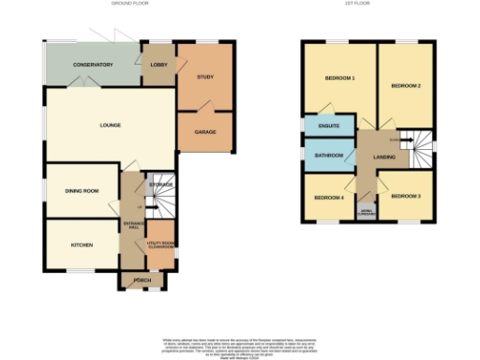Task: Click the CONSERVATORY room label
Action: pyautogui.click(x=93, y=65)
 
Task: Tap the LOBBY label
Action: pyautogui.click(x=157, y=65)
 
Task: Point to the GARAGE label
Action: pyautogui.click(x=205, y=132)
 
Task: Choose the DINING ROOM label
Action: pyautogui.click(x=82, y=191)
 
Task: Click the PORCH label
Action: pyautogui.click(x=142, y=280)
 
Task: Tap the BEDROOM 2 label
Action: pyautogui.click(x=406, y=85)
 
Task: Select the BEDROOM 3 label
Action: pyautogui.click(x=405, y=196)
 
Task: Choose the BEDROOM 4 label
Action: pyautogui.click(x=329, y=198)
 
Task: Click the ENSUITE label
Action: pyautogui.click(x=328, y=126)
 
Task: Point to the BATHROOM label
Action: pyautogui.click(x=329, y=156)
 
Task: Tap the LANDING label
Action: pyautogui.click(x=384, y=157)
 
